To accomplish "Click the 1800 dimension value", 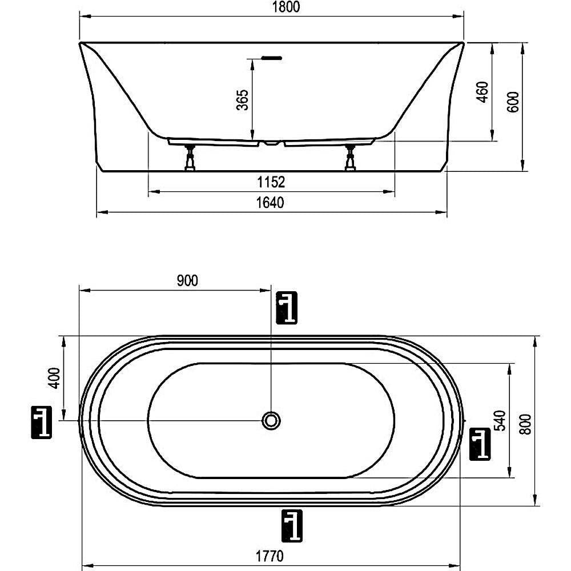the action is tap(286, 7).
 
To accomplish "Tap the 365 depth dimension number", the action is tap(242, 99).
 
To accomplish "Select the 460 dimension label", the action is tap(482, 92).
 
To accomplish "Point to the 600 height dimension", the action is tap(513, 102).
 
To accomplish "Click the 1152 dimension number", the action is tap(271, 182).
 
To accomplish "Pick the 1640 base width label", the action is tap(270, 203).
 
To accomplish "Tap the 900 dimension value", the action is tap(187, 281).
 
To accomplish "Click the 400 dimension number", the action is tap(54, 378).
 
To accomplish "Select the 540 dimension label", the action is tap(501, 421).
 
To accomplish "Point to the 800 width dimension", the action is tap(525, 424).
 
